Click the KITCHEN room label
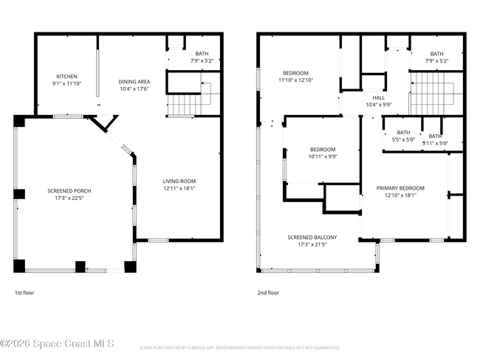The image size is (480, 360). pos(67,77)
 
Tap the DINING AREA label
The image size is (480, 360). pos(134,82)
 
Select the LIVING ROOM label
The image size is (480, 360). pos(179,181)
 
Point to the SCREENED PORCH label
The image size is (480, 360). pos(69,191)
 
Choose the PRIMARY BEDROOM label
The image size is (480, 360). pos(400,188)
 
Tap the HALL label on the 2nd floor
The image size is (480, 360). pos(379,97)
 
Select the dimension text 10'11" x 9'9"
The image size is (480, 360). pos(322,156)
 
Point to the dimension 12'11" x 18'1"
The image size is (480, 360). pos(179,188)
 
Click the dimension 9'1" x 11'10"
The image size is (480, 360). pos(67,83)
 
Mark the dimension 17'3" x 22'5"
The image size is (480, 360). pos(69,198)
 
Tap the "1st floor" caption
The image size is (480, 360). pos(24,293)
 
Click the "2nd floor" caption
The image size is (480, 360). pos(268,293)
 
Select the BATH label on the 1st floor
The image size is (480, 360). pos(202,54)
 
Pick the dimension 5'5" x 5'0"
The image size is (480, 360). pos(403,139)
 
